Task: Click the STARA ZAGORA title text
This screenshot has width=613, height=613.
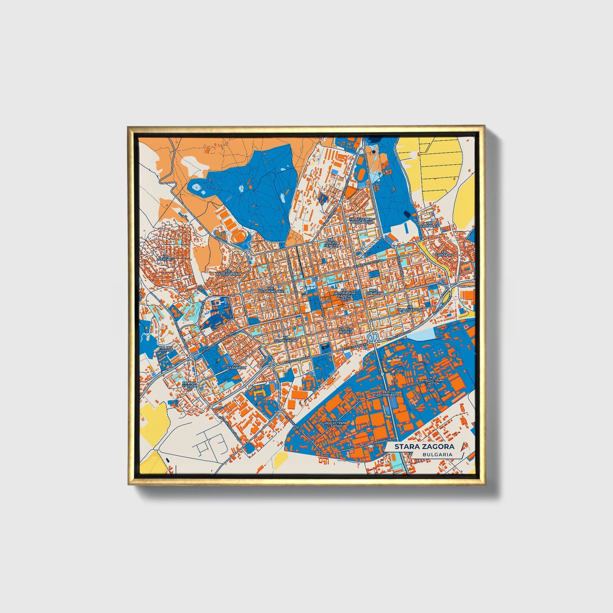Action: (424, 447)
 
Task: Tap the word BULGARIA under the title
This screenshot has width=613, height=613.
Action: (437, 454)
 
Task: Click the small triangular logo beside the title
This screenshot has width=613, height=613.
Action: (462, 445)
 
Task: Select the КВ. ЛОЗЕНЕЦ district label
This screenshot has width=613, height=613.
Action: (165, 256)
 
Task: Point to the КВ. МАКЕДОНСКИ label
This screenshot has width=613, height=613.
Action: (228, 272)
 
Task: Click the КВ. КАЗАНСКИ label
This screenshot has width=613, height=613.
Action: (236, 367)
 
